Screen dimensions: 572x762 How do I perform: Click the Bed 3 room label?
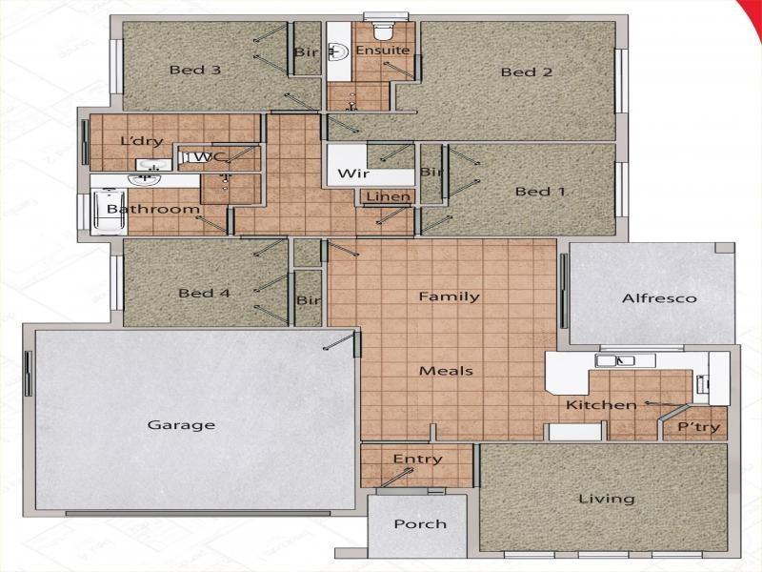195,70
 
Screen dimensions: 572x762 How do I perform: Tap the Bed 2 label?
527,72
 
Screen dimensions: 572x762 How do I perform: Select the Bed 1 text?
540,192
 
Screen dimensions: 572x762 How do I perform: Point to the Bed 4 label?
204,294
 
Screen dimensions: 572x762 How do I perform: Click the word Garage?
181,425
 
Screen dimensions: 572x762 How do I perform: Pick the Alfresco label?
659,298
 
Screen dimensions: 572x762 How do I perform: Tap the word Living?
607,499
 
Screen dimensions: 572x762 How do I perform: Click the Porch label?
420,523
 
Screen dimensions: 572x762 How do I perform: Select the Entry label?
417,460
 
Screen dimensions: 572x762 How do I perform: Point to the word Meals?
447,371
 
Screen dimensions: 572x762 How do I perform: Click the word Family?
449,296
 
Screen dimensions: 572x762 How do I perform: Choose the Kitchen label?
601,405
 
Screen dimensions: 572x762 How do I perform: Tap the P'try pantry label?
698,426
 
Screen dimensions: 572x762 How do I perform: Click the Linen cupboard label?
389,197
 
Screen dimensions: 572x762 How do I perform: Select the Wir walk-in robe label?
345,174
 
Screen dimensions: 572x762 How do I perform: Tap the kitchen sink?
616,360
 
